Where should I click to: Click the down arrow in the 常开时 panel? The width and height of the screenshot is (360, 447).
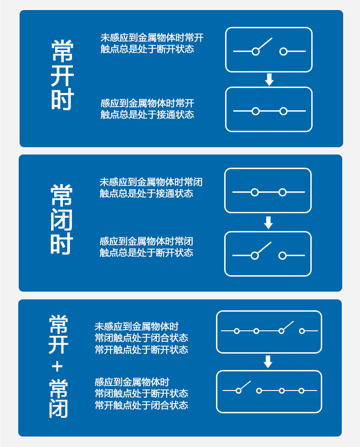[x=269, y=80]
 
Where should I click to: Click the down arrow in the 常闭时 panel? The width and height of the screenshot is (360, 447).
[x=268, y=223]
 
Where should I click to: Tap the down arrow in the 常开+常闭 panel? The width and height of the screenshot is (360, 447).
[x=268, y=362]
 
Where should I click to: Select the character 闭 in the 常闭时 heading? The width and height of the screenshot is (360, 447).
[x=62, y=220]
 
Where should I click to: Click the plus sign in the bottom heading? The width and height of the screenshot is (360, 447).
[x=58, y=366]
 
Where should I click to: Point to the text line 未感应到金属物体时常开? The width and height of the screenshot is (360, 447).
[x=152, y=38]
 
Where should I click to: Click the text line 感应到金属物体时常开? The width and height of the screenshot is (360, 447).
[x=147, y=103]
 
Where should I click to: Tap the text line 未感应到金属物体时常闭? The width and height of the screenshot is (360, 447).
[x=151, y=182]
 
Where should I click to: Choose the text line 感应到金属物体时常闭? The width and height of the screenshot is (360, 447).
[x=146, y=241]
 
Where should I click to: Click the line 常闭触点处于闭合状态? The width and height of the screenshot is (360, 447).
[x=141, y=338]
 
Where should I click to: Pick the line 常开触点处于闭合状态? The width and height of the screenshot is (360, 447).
[x=141, y=405]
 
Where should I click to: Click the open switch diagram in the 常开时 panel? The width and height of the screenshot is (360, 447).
[x=269, y=50]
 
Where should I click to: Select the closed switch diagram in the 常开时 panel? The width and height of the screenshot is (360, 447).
[x=269, y=109]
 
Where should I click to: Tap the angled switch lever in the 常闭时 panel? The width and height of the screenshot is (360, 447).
[x=263, y=249]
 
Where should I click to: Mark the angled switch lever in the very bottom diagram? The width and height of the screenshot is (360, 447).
[x=245, y=386]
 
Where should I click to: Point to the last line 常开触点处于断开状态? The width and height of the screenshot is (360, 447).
[x=141, y=349]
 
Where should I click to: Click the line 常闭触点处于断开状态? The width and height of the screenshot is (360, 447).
[x=141, y=393]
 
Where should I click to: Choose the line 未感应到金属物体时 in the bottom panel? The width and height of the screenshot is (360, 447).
[x=137, y=327]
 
